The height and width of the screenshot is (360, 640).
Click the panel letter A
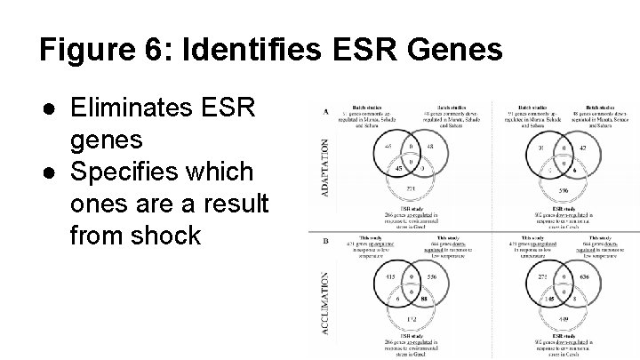point(326,112)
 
